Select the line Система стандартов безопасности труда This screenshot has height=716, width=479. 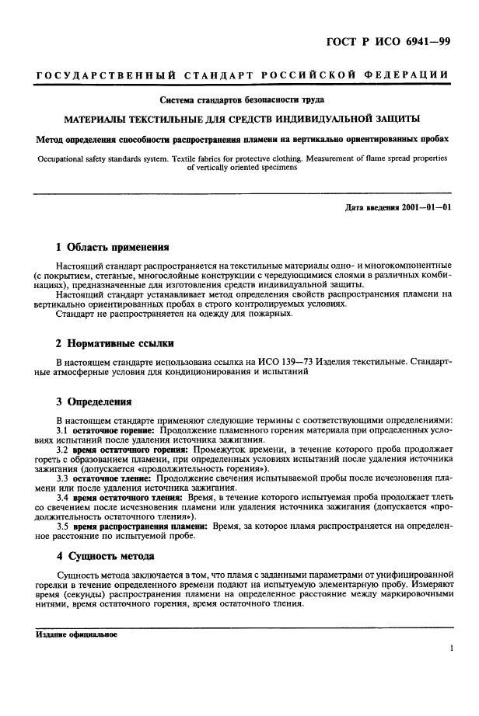[242, 100]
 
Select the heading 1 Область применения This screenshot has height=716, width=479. [113, 248]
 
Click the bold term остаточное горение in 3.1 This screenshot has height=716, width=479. [114, 430]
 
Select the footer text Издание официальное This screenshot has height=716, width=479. [76, 634]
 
